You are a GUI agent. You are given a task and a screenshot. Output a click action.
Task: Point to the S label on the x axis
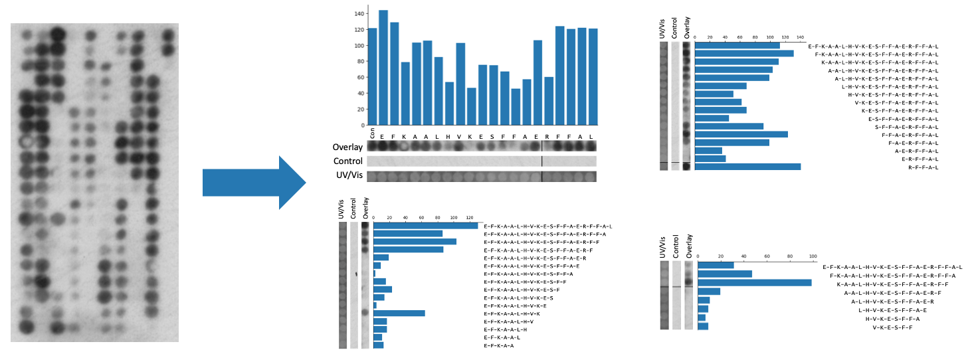(x=494, y=135)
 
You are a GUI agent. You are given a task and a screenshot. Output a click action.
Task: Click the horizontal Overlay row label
(x=347, y=147)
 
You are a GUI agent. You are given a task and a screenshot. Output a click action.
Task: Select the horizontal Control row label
(x=347, y=161)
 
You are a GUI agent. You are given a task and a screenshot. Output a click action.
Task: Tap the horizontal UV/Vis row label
(x=348, y=176)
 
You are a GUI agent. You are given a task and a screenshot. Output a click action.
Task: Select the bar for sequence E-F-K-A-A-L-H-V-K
(x=399, y=314)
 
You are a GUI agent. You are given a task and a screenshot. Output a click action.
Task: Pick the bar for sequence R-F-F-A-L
(x=747, y=167)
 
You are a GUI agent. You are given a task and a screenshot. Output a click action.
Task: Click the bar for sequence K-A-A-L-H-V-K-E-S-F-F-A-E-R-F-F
(x=754, y=282)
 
